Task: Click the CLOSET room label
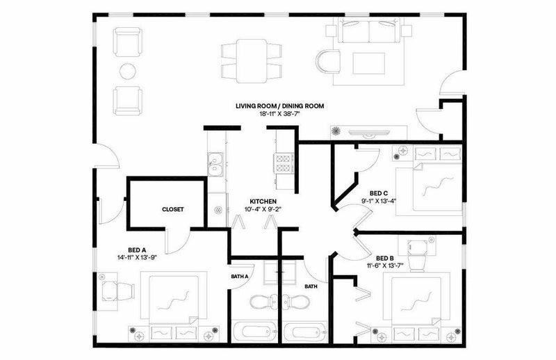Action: tap(172, 209)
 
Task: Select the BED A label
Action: tap(137, 249)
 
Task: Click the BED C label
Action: tap(379, 193)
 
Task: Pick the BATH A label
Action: tap(240, 277)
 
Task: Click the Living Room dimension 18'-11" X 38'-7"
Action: tap(280, 114)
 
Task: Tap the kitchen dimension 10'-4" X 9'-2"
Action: tap(263, 209)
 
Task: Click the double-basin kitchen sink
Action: tap(215, 164)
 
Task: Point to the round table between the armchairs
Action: tap(128, 72)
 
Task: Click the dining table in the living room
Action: tap(252, 60)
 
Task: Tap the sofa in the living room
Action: tap(369, 31)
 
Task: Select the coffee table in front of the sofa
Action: tap(369, 63)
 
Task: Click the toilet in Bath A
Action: tap(263, 302)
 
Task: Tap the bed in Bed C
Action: tap(437, 187)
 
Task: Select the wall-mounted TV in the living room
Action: tap(370, 133)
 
